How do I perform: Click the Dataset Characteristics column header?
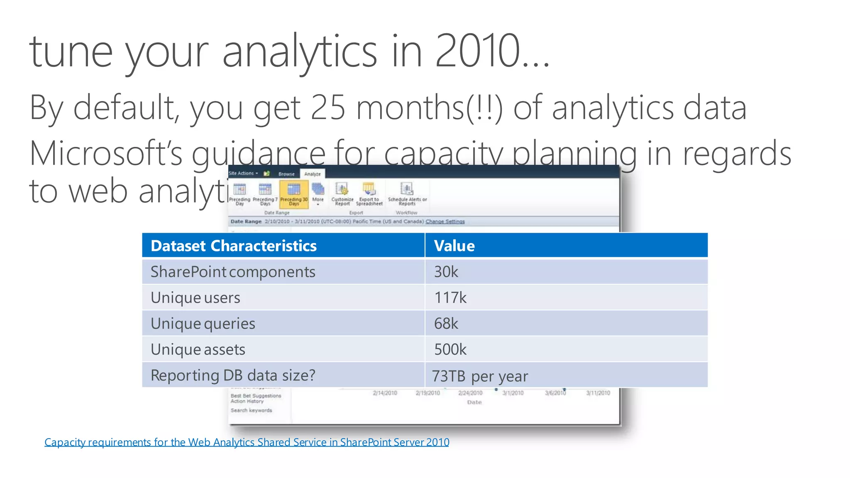point(234,246)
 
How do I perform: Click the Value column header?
point(454,246)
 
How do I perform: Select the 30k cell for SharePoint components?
point(446,272)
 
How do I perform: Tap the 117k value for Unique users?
point(450,298)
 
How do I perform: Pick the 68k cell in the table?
point(446,324)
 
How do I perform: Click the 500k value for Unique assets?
point(450,349)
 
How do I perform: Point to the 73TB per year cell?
point(480,376)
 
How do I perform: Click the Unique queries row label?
point(203,324)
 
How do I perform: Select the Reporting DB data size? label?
point(233,375)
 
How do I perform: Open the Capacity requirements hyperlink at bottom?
point(247,442)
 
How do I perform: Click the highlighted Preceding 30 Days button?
point(294,194)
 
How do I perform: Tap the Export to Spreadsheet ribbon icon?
point(369,193)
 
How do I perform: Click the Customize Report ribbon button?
point(342,193)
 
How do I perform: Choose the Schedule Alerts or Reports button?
point(407,193)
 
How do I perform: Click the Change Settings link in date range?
point(445,222)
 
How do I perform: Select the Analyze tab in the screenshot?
point(313,174)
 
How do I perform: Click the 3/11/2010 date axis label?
point(598,393)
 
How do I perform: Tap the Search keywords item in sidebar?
point(252,410)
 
